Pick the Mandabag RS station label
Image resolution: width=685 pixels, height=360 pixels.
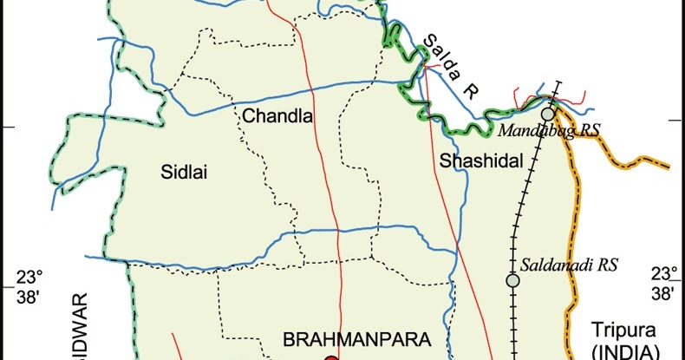tap(549, 130)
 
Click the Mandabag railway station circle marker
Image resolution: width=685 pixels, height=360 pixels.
tap(548, 114)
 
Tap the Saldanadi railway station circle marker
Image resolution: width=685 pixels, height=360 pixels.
tap(512, 280)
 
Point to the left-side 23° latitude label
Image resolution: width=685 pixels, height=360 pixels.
tap(29, 278)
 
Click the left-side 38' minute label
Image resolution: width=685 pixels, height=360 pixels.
tap(29, 296)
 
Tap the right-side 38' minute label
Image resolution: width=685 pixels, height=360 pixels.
tap(664, 295)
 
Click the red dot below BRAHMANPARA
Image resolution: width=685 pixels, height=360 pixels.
tap(330, 357)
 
